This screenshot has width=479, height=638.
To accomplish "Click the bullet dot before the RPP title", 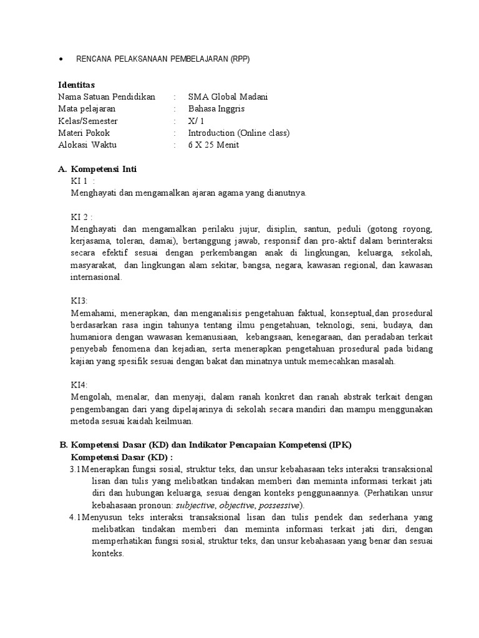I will click(60, 59).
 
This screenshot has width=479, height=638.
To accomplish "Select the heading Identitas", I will click(77, 85).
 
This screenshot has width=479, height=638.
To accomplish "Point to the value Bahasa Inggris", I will click(216, 109).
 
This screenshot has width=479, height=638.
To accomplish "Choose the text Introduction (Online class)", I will click(239, 133).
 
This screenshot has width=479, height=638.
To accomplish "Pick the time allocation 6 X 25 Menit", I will click(213, 145).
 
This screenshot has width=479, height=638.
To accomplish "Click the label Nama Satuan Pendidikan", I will click(107, 97).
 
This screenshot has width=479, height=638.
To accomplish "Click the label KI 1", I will click(80, 181).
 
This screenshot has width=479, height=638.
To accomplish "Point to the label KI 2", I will click(81, 217).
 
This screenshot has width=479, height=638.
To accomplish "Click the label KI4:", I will click(80, 385).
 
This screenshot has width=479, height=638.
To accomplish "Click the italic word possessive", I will click(279, 505).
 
